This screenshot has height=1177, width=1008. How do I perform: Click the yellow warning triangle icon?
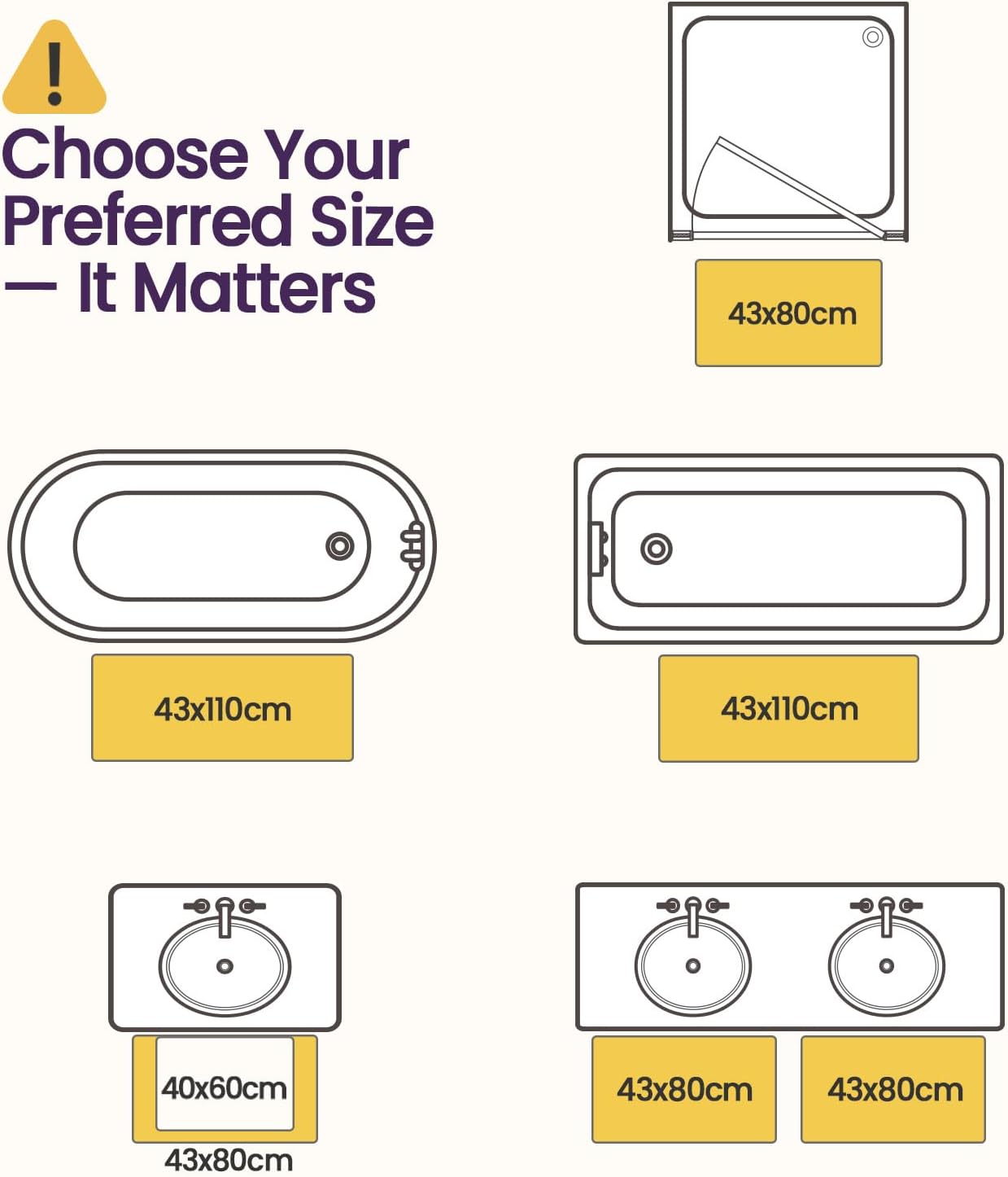[x=54, y=68]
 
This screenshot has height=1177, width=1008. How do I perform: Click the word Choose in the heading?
[x=125, y=155]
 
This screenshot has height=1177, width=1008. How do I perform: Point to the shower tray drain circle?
[x=872, y=37]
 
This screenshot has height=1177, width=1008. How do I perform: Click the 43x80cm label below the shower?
[x=792, y=313]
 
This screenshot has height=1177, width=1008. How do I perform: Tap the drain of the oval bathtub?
[x=340, y=546]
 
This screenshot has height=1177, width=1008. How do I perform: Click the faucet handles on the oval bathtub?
[x=412, y=546]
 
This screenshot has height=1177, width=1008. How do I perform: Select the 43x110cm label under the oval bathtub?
[x=223, y=710]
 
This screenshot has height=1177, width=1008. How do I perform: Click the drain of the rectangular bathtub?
[x=657, y=549]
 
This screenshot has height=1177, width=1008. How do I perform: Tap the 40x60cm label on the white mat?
[x=224, y=1089]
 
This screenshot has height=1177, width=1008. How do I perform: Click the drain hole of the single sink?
[x=225, y=966]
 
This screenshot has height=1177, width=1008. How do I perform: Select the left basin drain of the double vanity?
[x=692, y=965]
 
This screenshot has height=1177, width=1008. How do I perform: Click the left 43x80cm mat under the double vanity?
[x=684, y=1089]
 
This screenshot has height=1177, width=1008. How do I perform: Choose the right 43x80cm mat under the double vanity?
[x=893, y=1089]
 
